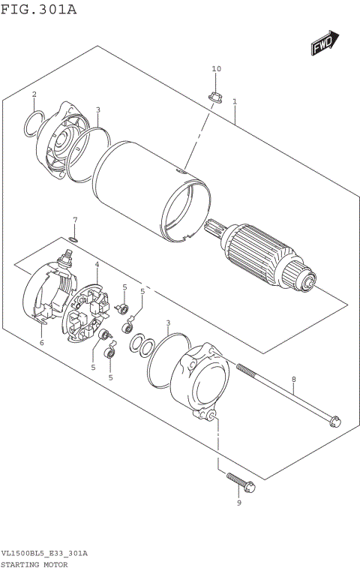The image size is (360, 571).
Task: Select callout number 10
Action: pyautogui.click(x=217, y=69)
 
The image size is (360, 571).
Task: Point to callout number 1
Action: pyautogui.click(x=235, y=101)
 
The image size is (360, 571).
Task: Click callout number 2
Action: pyautogui.click(x=34, y=94)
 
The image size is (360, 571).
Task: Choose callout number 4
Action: pyautogui.click(x=97, y=264)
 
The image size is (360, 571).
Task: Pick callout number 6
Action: pyautogui.click(x=42, y=343)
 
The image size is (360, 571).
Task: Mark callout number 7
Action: pyautogui.click(x=74, y=220)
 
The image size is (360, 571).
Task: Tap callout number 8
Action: pyautogui.click(x=294, y=380)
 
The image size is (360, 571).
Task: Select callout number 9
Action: pyautogui.click(x=238, y=503)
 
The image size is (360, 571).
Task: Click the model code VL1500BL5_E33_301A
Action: pyautogui.click(x=44, y=553)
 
